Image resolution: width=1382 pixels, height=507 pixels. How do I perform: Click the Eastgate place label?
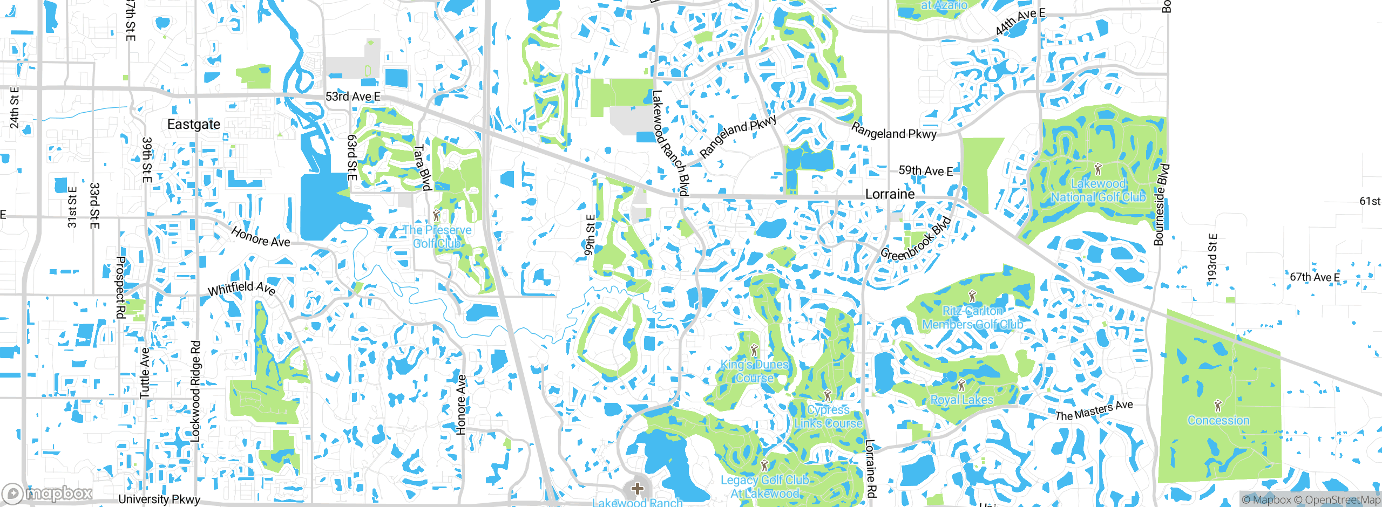click(194, 125)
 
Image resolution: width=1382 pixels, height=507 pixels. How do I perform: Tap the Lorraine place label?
click(890, 194)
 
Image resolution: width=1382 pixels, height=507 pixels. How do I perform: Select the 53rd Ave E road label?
click(353, 97)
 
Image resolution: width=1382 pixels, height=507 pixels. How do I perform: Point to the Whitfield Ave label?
click(242, 288)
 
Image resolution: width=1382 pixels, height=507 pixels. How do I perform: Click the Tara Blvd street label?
click(422, 168)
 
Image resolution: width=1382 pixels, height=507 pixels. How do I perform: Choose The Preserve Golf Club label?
click(437, 237)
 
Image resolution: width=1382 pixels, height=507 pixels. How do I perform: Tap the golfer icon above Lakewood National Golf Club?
click(1098, 169)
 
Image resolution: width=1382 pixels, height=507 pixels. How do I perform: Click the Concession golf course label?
click(1218, 420)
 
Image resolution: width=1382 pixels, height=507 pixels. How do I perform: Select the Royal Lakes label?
click(961, 400)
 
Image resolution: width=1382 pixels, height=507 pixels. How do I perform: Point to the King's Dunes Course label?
click(755, 371)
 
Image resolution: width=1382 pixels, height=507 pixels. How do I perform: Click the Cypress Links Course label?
click(828, 416)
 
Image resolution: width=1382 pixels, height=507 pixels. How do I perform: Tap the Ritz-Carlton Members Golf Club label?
click(972, 318)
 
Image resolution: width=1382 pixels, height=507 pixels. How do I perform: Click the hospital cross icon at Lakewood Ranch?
click(637, 489)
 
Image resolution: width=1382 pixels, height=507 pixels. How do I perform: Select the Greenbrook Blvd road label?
click(916, 239)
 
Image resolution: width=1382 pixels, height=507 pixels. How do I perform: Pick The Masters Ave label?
click(1094, 411)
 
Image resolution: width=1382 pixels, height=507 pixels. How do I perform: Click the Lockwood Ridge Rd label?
click(195, 391)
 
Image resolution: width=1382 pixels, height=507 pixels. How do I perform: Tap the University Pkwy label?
click(159, 499)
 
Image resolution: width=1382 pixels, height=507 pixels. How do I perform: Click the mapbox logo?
click(48, 493)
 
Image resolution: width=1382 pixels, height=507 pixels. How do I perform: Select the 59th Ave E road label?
click(925, 171)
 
